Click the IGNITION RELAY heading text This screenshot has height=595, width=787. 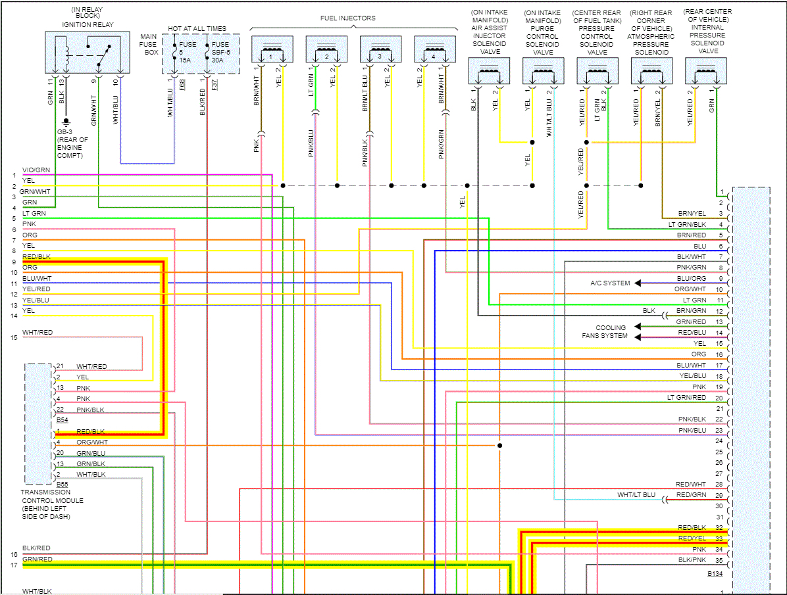(88, 25)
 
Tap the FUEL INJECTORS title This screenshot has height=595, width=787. (348, 18)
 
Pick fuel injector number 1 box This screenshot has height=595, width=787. (272, 51)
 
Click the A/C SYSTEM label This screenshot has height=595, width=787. (609, 283)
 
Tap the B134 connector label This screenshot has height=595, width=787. (715, 574)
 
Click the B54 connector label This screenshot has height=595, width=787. (62, 419)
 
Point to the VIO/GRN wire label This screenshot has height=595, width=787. (36, 170)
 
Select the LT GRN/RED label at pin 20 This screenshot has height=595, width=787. (686, 398)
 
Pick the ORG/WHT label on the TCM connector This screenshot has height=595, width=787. (91, 442)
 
